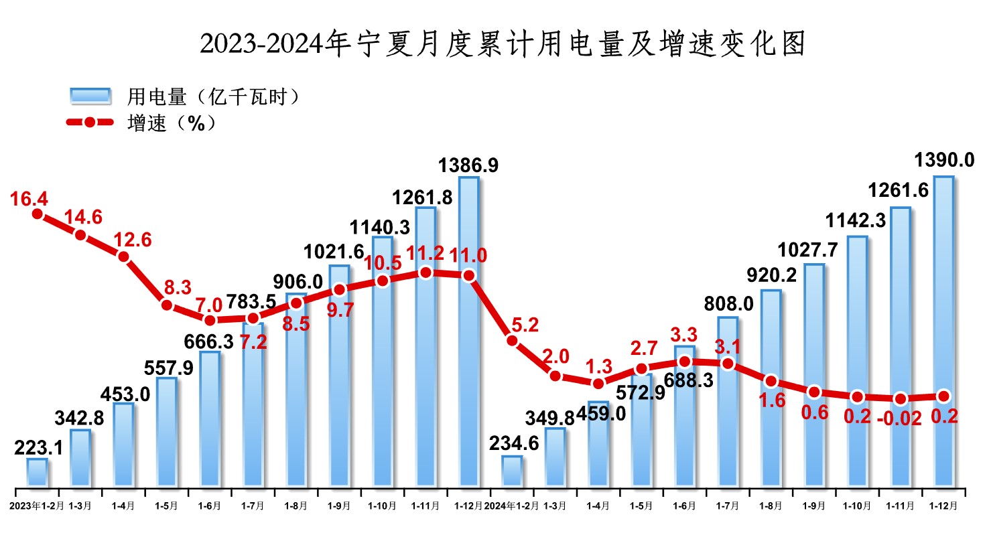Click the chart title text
click(x=502, y=45)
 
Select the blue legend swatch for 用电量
click(x=90, y=96)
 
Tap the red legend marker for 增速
click(x=90, y=123)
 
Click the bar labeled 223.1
click(x=38, y=473)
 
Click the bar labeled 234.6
click(x=512, y=471)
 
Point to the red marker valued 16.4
click(x=38, y=214)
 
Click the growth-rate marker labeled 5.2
click(x=512, y=340)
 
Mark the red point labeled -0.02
click(x=900, y=398)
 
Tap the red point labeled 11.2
click(x=425, y=273)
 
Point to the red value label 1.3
click(x=598, y=366)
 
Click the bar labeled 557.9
click(x=167, y=432)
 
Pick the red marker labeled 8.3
click(x=167, y=305)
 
